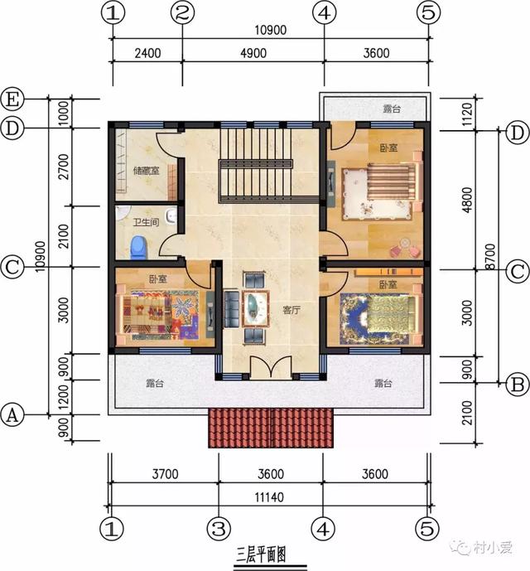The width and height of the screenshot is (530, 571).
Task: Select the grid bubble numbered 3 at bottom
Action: [218, 527]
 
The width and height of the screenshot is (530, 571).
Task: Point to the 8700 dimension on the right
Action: [492, 255]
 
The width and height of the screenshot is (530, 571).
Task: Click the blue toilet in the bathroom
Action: [139, 246]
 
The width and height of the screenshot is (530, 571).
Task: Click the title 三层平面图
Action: [258, 554]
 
